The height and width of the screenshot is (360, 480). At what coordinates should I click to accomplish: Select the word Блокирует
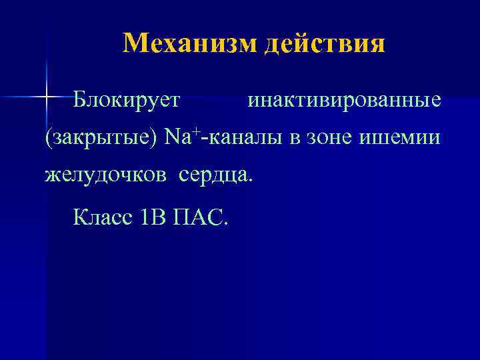pyautogui.click(x=127, y=101)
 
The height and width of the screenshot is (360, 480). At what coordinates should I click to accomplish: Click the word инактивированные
pyautogui.click(x=344, y=101)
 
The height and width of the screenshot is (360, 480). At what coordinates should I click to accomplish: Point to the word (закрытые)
pyautogui.click(x=101, y=139)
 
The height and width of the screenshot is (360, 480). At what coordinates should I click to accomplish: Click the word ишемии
pyautogui.click(x=400, y=138)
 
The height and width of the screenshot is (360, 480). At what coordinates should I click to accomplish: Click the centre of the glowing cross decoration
pyautogui.click(x=46, y=97)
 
